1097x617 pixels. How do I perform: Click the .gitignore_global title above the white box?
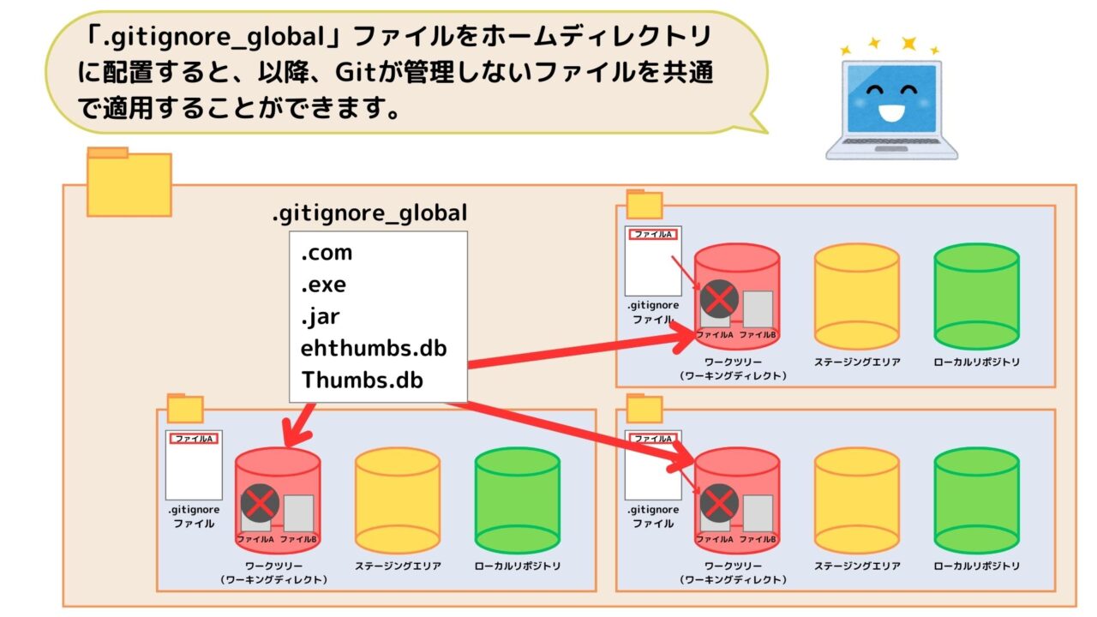[369, 213]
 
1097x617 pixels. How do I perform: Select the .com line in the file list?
[327, 254]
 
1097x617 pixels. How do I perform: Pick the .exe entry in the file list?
[324, 285]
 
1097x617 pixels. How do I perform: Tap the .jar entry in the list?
[321, 317]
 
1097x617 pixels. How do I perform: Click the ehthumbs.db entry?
[374, 349]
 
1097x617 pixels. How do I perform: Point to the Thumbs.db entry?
[362, 380]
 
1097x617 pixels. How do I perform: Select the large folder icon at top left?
[129, 183]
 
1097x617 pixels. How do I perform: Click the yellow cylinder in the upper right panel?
[856, 297]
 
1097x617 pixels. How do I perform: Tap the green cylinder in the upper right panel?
[976, 297]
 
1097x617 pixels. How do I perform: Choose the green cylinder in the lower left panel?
[517, 500]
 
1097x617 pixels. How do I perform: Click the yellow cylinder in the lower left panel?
[397, 500]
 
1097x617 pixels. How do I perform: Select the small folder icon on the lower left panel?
[185, 410]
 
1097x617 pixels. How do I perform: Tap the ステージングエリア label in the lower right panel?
[857, 566]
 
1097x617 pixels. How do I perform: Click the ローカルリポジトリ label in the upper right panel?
[977, 362]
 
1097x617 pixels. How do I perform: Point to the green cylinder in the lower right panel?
[976, 500]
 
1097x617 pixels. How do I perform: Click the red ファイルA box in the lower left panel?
[194, 439]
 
